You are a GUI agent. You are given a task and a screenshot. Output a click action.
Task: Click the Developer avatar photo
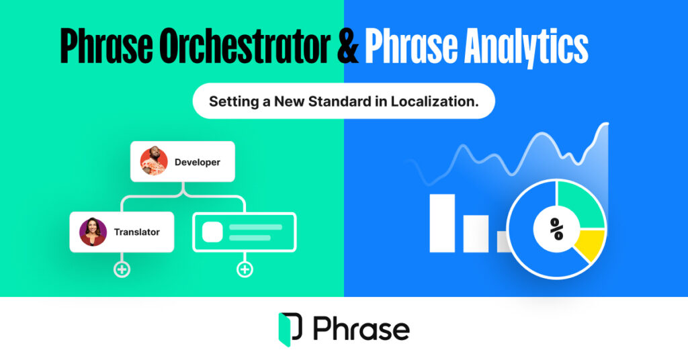pos(153,162)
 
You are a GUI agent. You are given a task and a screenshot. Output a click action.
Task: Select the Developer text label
pos(197,162)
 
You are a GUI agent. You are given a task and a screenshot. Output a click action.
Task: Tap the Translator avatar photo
pos(93,232)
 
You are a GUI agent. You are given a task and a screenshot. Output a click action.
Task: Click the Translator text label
pos(136,232)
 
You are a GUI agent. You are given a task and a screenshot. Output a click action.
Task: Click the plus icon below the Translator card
pos(122,269)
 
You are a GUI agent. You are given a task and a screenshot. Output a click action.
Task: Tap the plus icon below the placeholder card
pos(245,269)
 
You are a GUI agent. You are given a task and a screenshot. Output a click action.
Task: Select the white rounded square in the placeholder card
pos(212,232)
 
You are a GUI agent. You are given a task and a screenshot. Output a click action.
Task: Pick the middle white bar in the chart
pos(476,234)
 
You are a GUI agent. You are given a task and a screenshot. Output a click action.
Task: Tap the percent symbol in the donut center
pos(556,229)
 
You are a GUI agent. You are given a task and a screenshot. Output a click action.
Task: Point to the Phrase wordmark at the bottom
pos(361,329)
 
